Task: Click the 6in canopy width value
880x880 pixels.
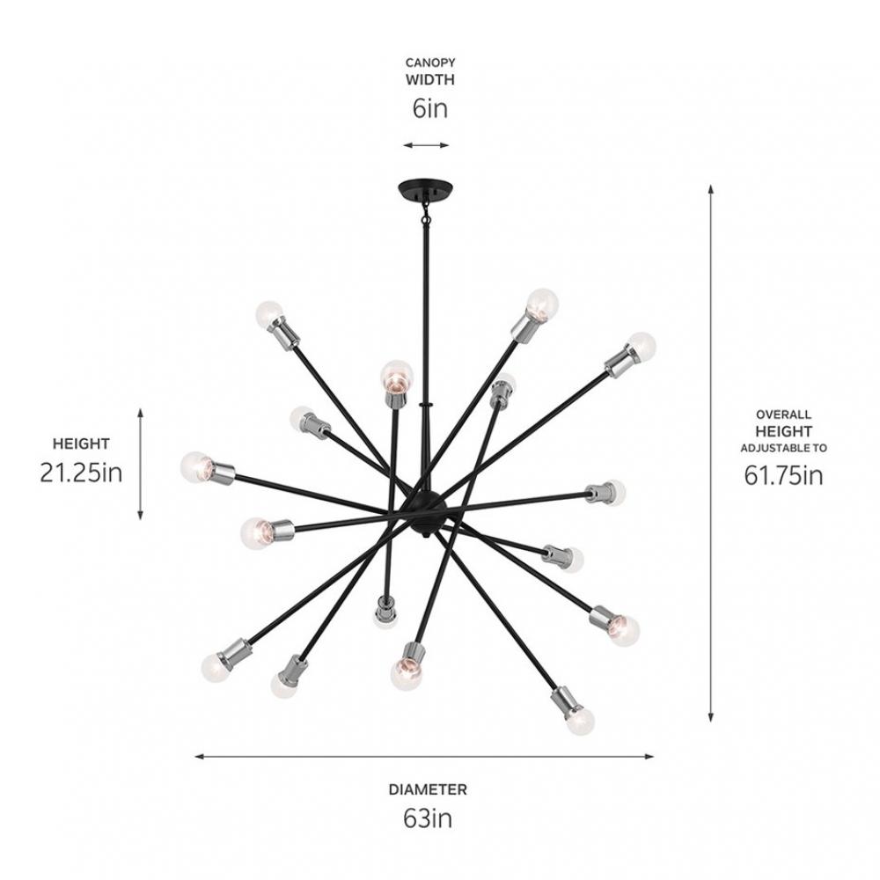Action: click(x=430, y=108)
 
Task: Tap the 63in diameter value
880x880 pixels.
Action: click(x=428, y=818)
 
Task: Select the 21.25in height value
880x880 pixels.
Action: click(x=81, y=473)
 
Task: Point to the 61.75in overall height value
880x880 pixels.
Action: click(x=783, y=475)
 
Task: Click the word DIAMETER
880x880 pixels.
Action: click(x=428, y=789)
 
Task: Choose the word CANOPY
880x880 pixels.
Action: click(x=430, y=62)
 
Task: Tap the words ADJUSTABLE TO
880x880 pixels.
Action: click(x=783, y=449)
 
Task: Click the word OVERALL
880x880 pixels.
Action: click(x=783, y=414)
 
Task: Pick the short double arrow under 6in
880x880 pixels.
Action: click(x=426, y=145)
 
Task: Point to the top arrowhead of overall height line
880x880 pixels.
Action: click(x=710, y=189)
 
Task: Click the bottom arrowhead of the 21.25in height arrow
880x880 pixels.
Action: click(x=140, y=515)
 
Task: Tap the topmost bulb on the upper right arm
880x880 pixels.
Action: click(x=543, y=304)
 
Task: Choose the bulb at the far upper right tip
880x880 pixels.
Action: click(x=641, y=346)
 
